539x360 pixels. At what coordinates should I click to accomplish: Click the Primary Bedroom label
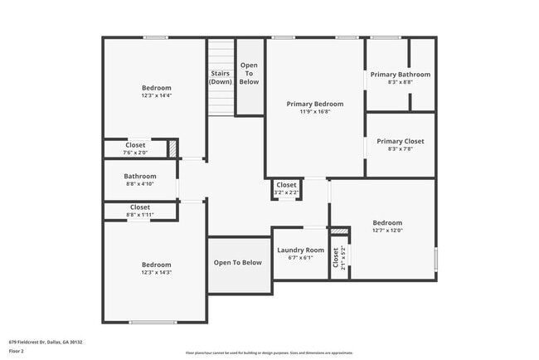314,105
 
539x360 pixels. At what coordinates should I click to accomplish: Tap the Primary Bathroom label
400,74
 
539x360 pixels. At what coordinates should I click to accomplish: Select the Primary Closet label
400,142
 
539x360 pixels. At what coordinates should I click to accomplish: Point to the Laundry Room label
300,250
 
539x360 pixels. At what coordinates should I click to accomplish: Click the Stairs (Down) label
221,77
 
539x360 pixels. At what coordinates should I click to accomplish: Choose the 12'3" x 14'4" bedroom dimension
156,96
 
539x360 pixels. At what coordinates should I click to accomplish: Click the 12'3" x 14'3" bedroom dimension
156,272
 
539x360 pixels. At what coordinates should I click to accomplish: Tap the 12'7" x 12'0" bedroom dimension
386,231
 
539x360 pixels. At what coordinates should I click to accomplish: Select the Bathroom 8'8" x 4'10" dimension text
139,183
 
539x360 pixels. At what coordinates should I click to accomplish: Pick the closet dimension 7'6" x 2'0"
135,153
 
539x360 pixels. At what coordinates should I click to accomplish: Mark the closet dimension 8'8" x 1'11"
139,215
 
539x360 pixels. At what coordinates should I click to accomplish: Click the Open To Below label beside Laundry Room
237,263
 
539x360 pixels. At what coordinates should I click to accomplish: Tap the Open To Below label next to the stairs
249,73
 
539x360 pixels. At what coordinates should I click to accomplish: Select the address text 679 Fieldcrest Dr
46,342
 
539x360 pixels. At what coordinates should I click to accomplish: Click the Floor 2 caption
17,351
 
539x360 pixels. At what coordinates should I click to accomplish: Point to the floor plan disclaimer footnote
269,353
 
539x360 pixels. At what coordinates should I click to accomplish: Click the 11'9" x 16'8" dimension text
314,112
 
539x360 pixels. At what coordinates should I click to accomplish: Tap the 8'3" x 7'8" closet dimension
400,149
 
